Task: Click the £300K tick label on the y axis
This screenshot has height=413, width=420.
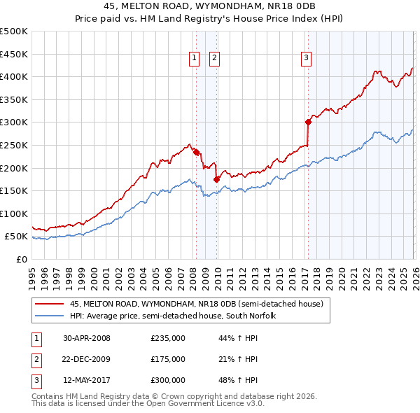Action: click(13, 122)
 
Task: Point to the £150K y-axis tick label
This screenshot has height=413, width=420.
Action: click(13, 190)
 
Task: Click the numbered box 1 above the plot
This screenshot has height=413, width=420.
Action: click(193, 59)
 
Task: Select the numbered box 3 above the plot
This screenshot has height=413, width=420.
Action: click(307, 59)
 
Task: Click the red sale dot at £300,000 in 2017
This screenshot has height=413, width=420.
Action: click(308, 122)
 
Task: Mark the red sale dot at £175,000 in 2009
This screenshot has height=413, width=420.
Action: click(217, 179)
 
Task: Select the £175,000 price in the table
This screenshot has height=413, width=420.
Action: click(168, 359)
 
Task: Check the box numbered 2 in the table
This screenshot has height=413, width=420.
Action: click(36, 359)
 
